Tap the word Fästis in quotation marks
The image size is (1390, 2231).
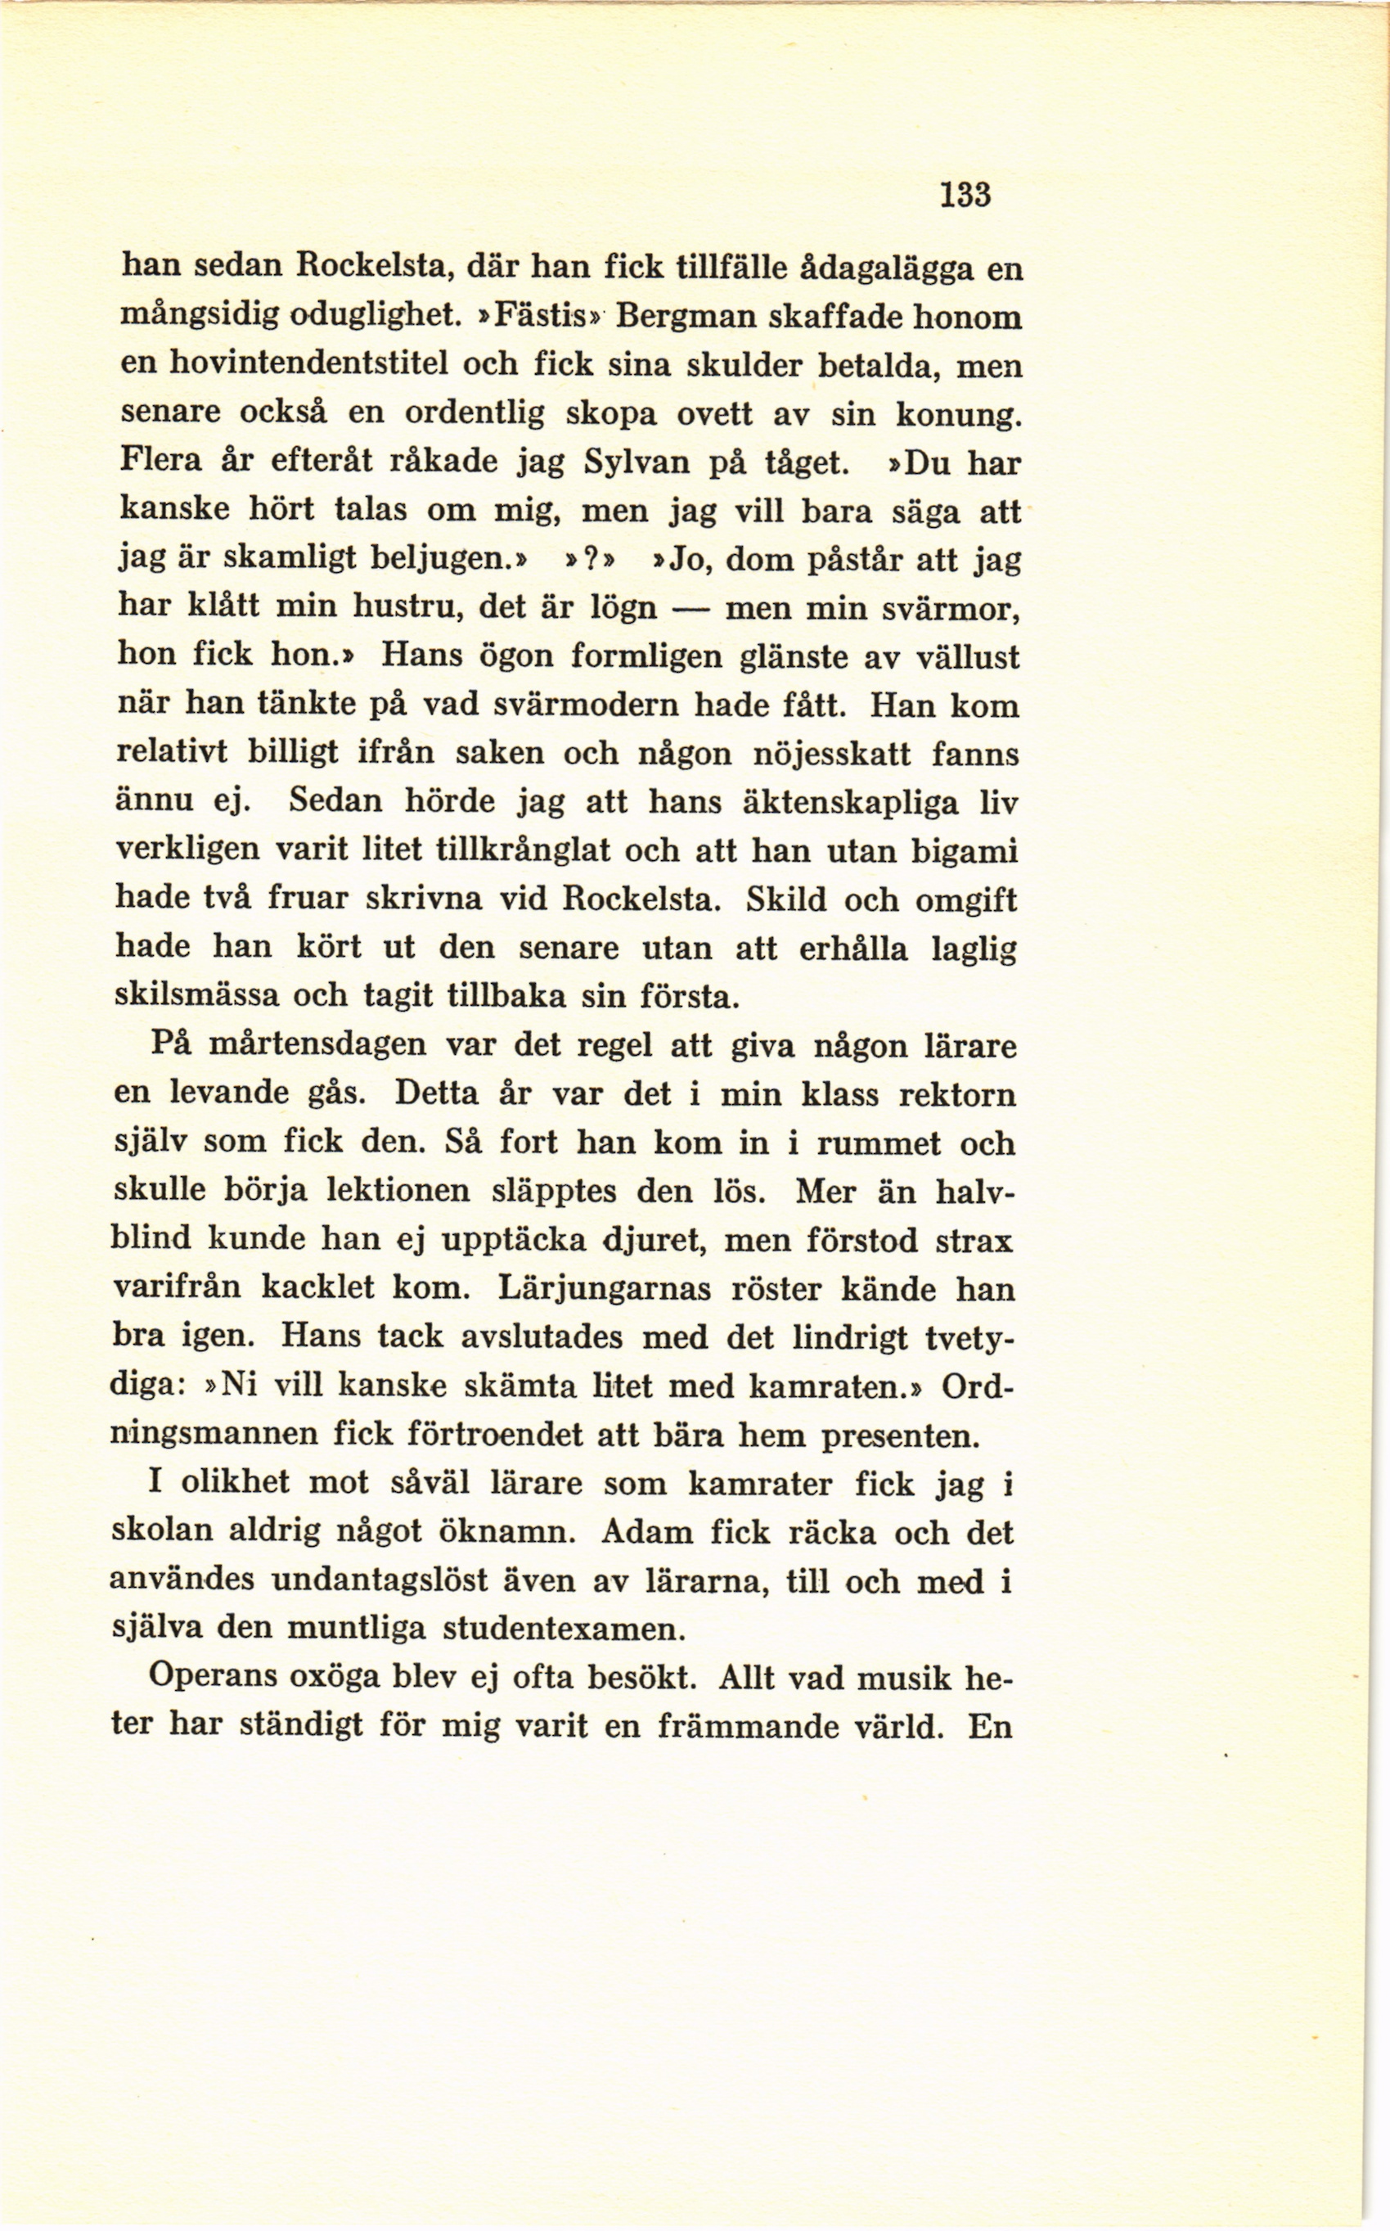coord(538,317)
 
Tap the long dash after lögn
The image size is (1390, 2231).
coord(691,608)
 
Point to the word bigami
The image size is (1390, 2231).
coord(965,850)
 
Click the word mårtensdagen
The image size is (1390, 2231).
coord(318,1046)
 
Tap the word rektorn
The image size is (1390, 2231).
coord(958,1095)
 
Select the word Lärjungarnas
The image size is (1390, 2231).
coord(604,1288)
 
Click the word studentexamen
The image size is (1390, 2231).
coord(565,1629)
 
